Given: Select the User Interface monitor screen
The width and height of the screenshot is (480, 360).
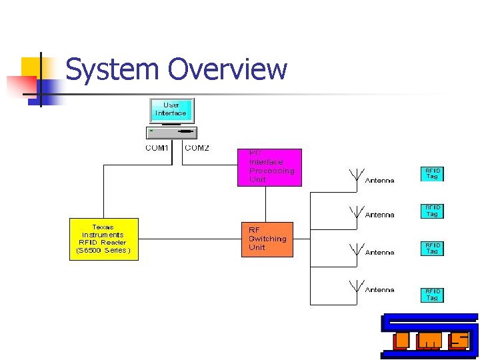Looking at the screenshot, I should (x=171, y=110).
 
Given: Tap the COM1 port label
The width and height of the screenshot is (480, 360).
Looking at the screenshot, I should (x=157, y=148).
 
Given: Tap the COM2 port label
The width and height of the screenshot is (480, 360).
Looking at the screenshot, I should (x=197, y=148).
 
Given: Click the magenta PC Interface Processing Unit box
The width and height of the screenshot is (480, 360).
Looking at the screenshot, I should (x=270, y=167).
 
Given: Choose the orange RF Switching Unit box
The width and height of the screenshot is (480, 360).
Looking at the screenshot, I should (x=267, y=239).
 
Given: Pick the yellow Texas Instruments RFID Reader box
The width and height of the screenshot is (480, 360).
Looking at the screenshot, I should (x=103, y=239).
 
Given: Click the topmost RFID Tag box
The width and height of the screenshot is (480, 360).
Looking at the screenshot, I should (x=432, y=174).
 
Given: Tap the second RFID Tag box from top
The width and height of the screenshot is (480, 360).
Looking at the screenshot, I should (x=432, y=211).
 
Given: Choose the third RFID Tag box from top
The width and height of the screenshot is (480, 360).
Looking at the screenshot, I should (x=432, y=248).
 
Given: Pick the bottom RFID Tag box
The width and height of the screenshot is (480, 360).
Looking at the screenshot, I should (x=432, y=295).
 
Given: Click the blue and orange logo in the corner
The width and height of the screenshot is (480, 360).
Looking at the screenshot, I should (x=429, y=337).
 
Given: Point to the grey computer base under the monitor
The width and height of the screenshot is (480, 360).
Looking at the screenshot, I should (x=171, y=132).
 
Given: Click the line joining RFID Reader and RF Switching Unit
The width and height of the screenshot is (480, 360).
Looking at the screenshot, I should (x=190, y=239).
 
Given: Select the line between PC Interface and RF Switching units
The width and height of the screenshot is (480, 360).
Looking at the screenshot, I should (x=266, y=204).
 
